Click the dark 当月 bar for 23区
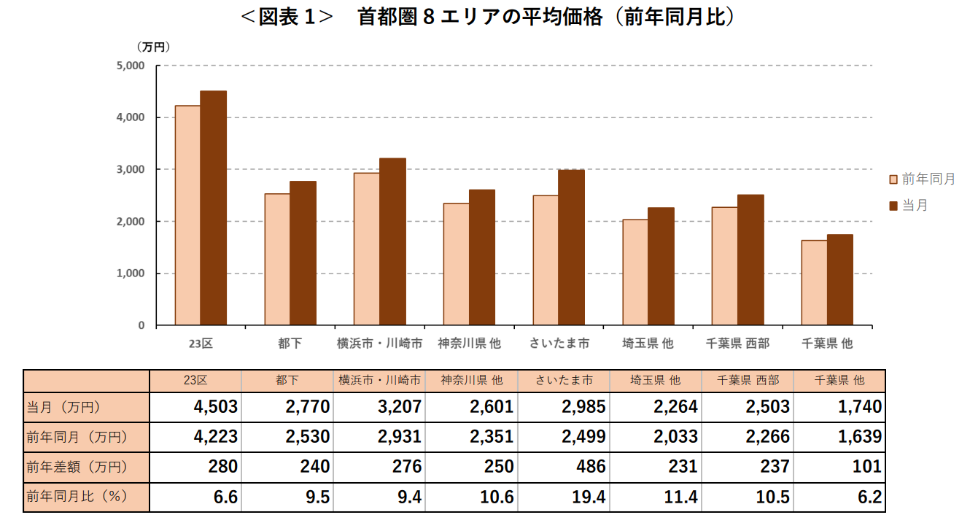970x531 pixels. coord(213,208)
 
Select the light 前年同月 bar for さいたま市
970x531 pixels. coord(546,260)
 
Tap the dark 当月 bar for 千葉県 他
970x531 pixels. coord(839,279)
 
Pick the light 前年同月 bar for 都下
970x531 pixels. coord(277,259)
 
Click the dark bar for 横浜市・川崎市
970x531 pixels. coord(392,241)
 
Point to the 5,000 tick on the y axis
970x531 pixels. coord(131,66)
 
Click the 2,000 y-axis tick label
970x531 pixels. coord(131,222)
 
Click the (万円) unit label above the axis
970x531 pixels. coord(153,47)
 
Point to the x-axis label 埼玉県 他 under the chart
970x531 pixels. coord(648,343)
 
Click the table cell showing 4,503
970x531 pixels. coord(196,407)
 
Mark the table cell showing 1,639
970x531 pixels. coord(839,438)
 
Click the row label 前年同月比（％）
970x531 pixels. coord(77,497)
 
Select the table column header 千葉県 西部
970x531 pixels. coord(748,380)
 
